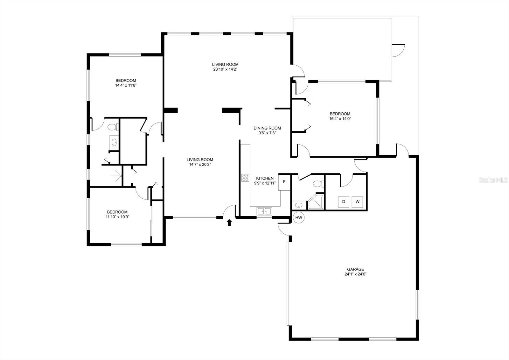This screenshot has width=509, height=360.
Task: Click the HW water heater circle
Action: coord(299,218)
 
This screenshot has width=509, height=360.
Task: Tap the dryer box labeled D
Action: coord(343,201)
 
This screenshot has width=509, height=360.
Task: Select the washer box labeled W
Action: coord(357,201)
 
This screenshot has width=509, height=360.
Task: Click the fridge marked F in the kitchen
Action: coord(284,182)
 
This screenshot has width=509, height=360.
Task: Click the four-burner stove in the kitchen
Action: coord(245,178)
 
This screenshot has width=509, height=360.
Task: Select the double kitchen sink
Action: coord(264,211)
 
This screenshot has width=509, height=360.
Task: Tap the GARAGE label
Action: coord(355,269)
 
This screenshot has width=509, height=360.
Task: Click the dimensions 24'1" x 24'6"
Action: coord(355,274)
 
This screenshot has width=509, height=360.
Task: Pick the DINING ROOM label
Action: coord(267,128)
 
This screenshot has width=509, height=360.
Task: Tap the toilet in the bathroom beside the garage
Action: coord(317,184)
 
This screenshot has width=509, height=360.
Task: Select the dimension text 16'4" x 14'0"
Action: coord(340,119)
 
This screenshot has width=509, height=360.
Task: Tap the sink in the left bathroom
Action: coord(114,142)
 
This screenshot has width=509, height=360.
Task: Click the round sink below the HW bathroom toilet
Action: coord(299,205)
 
